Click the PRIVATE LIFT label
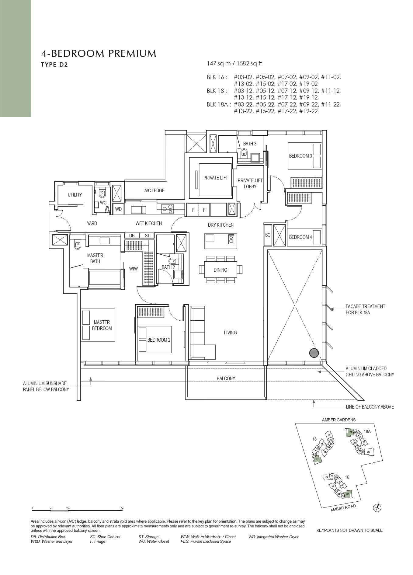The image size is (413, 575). [x=215, y=178]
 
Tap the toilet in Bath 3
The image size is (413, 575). [x=244, y=153]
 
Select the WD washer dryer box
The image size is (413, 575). [x=118, y=209]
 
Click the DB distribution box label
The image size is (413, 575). [x=132, y=235]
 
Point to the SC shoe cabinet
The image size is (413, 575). [x=268, y=235]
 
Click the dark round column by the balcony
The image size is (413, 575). [x=314, y=353]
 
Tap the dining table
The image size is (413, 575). [x=220, y=270]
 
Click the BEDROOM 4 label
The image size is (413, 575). [x=300, y=237]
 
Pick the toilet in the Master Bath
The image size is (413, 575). [x=78, y=245]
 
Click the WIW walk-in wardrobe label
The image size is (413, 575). [x=133, y=269]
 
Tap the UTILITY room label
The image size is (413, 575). [x=75, y=195]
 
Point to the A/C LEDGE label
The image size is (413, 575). [x=154, y=190]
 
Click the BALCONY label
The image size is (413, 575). [x=226, y=378]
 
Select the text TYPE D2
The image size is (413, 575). [x=54, y=64]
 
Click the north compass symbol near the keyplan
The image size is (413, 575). [x=377, y=507]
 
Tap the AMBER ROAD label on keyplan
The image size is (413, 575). [x=343, y=508]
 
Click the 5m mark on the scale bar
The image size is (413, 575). [x=122, y=508]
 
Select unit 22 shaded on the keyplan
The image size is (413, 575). [x=350, y=432]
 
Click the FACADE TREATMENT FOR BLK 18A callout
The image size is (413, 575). [x=365, y=309]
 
